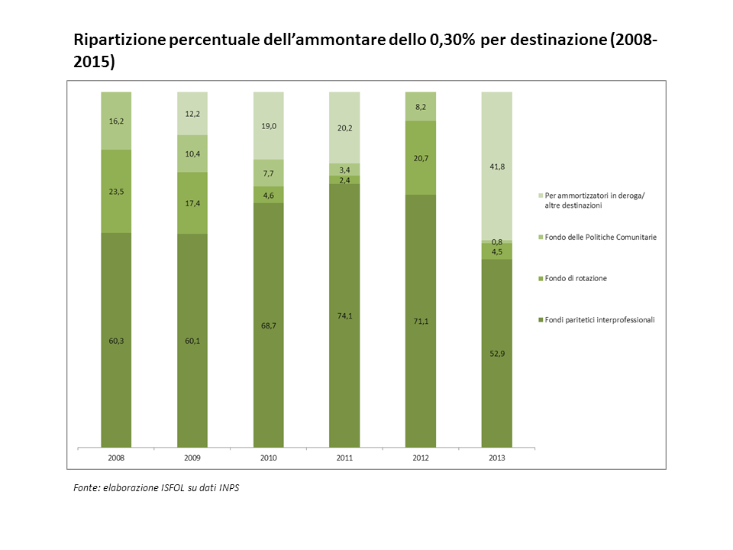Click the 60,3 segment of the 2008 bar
pos(116,340)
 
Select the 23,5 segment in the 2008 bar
pos(116,191)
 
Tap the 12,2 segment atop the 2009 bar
pos(192,114)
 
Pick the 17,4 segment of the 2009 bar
pos(192,203)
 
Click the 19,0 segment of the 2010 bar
pos(268,126)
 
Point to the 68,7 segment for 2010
pos(268,325)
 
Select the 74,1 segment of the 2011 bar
pos(344,315)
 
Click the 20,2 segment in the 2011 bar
pos(344,128)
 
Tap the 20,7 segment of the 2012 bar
pos(421,158)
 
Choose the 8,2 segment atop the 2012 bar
pos(421,107)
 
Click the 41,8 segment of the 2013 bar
pos(497,166)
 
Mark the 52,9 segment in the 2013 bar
pos(497,353)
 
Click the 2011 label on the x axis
pos(344,458)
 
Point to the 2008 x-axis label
pos(116,458)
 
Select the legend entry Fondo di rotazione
pos(573,278)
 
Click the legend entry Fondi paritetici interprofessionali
pos(596,320)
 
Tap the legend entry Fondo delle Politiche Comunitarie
pos(597,237)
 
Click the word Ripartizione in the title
pos(120,40)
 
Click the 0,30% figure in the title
pos(451,40)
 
